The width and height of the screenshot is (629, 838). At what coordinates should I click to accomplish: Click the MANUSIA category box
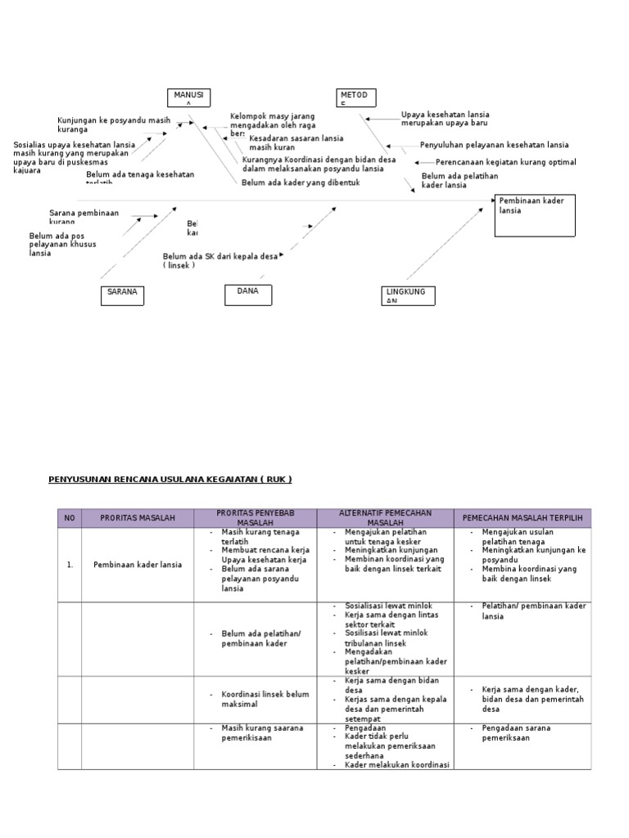pos(189,98)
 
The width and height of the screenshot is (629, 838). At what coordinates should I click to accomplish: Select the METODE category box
pos(357,98)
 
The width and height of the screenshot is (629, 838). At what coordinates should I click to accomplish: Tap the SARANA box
pos(122,295)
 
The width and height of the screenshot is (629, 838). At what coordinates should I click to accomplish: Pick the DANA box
pos(248,295)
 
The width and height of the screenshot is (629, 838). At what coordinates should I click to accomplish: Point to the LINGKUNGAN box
pos(407,295)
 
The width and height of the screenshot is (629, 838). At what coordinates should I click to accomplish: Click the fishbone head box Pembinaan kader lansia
pos(535,215)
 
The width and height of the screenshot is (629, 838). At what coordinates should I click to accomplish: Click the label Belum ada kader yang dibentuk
pos(301,182)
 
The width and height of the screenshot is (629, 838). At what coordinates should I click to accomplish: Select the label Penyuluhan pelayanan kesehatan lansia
pos(494,145)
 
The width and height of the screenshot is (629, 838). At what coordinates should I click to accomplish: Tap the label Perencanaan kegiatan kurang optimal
pos(505,162)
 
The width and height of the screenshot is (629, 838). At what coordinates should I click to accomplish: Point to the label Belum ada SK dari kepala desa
pos(220,256)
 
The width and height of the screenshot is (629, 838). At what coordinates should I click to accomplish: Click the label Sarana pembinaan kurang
pos(84,217)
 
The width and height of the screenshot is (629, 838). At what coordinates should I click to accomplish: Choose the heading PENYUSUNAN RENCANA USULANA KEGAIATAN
pos(170,479)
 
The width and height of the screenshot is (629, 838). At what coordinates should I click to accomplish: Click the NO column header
pos(69,518)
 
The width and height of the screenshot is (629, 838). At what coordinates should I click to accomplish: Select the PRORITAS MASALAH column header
pos(138,518)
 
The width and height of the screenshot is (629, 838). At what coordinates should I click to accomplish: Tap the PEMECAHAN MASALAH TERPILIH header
pos(522,518)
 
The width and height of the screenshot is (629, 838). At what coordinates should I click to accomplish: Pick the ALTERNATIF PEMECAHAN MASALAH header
pos(385,517)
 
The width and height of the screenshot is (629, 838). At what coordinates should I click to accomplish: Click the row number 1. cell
pos(69,565)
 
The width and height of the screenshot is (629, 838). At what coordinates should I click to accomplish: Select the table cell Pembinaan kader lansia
pos(138,565)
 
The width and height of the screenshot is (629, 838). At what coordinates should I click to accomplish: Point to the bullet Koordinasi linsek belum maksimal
pos(265,699)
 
